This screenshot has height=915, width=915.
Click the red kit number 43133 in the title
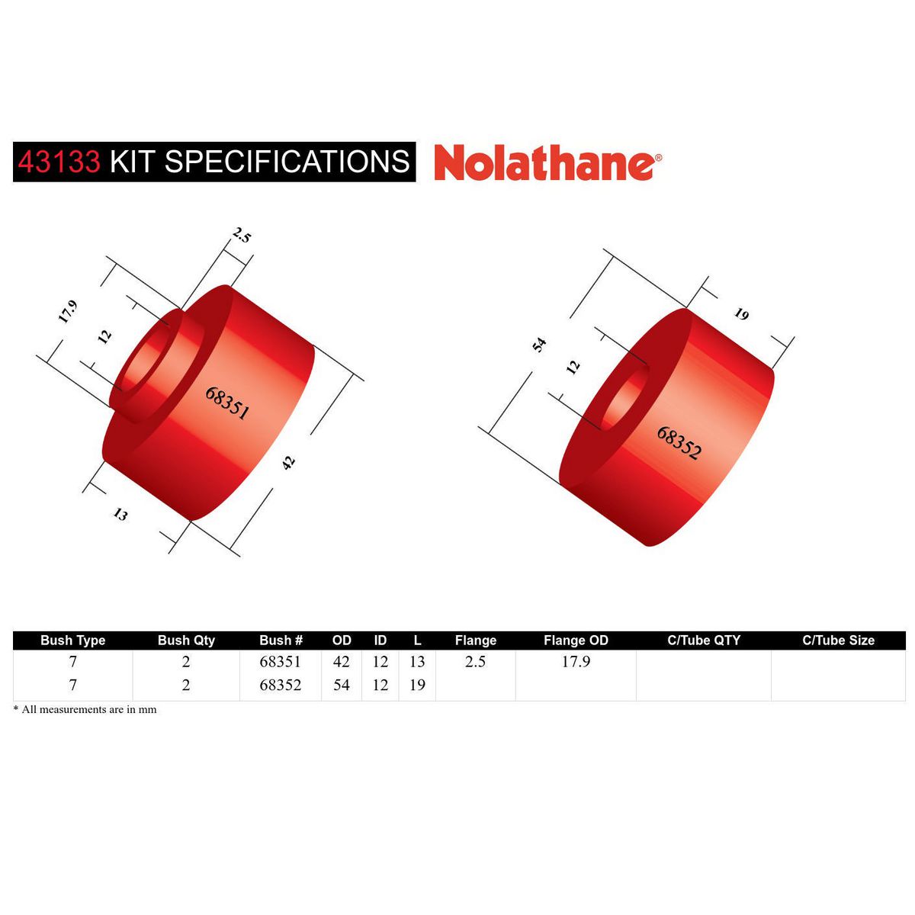tap(59, 162)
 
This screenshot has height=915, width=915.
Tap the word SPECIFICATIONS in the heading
tap(287, 162)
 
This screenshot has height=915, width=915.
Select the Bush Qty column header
tap(186, 640)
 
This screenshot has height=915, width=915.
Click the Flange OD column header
tap(576, 640)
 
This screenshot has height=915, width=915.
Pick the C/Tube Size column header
tap(838, 640)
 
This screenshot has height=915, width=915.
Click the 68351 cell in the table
tap(281, 662)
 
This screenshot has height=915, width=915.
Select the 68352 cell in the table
tap(281, 685)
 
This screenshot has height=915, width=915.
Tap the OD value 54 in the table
tap(341, 685)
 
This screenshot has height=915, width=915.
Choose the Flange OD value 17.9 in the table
tap(576, 662)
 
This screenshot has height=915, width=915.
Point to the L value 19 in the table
tap(417, 685)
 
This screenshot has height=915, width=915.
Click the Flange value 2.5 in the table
tap(475, 662)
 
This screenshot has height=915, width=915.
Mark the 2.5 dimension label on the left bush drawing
tap(242, 236)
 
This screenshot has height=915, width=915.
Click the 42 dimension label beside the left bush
tap(288, 462)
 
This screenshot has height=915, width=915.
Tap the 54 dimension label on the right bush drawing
tap(540, 345)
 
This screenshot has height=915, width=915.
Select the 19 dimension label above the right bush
tap(741, 314)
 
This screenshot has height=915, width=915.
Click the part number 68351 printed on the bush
tap(227, 402)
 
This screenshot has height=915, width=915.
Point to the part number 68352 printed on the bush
tap(679, 442)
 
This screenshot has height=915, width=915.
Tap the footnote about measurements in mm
tap(85, 709)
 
